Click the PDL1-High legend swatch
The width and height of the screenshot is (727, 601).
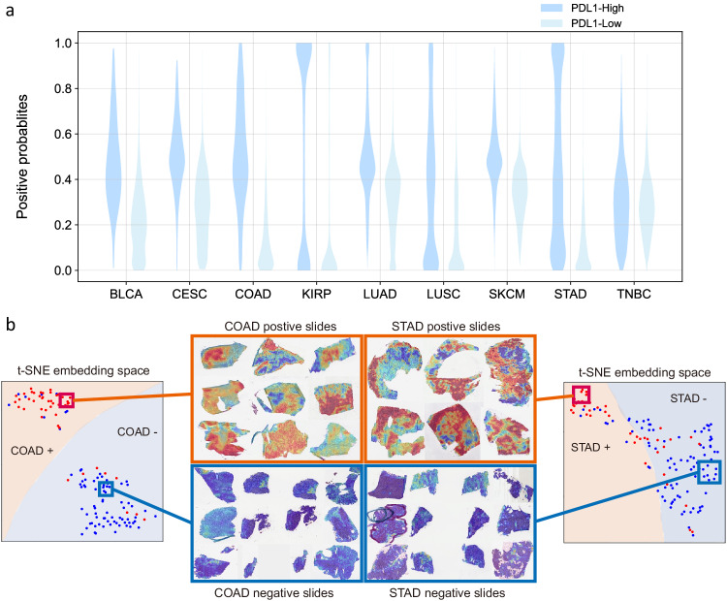pos(556,7)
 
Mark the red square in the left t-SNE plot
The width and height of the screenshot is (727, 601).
pos(65,400)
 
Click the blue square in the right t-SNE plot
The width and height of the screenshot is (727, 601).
pos(710,471)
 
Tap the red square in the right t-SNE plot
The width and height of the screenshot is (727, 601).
pos(581,395)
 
